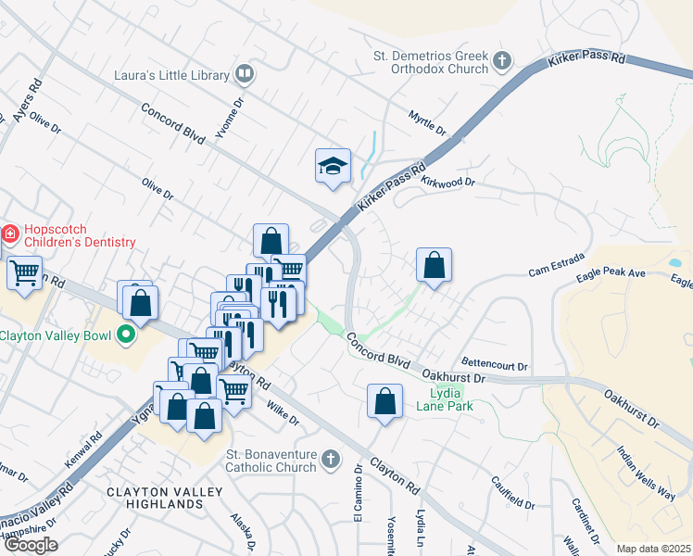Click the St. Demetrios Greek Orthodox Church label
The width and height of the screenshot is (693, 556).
click(x=430, y=62)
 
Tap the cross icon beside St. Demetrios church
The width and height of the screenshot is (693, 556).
click(x=502, y=62)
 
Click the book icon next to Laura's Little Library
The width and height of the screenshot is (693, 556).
click(x=245, y=72)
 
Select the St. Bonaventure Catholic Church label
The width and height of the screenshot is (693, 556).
click(x=271, y=461)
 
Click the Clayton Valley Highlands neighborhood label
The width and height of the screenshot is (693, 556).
click(x=154, y=497)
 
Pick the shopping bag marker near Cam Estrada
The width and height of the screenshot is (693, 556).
click(x=434, y=266)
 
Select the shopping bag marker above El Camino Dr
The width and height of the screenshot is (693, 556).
click(x=384, y=402)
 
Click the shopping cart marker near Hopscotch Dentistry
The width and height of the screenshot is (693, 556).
click(x=24, y=272)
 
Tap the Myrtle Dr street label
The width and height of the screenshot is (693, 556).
click(x=427, y=120)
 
